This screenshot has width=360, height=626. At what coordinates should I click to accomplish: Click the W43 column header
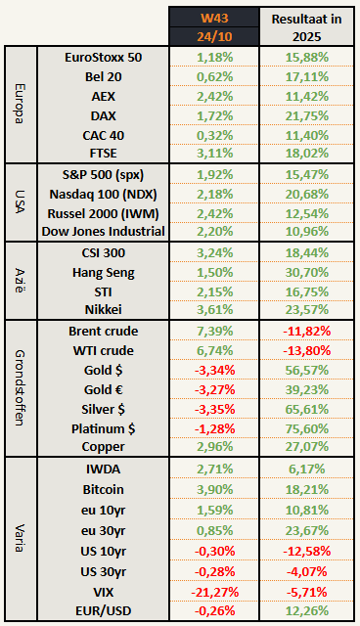tap(216, 17)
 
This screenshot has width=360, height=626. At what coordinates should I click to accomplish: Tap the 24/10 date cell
tap(216, 37)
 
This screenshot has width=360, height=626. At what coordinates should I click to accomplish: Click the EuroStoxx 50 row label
tap(102, 57)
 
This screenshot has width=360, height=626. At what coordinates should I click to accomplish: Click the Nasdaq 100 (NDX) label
tap(102, 193)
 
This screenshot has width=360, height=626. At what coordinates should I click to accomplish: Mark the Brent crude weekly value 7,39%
tap(216, 331)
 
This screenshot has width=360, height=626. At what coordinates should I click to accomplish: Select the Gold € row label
tap(102, 388)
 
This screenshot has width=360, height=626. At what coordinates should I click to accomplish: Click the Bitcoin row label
tap(102, 488)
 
